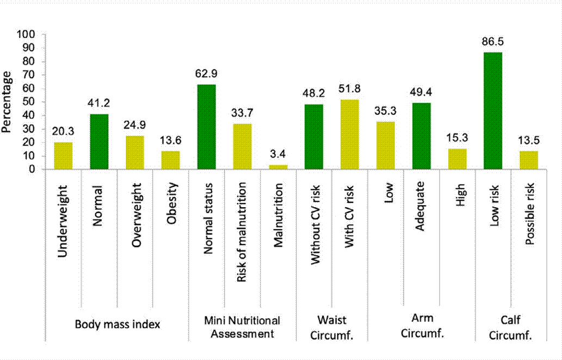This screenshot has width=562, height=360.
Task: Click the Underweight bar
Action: (x=63, y=156)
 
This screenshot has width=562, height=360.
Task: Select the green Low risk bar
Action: (x=493, y=111)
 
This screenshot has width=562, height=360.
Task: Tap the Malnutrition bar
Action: (x=279, y=167)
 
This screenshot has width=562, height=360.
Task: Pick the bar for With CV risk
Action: (x=350, y=134)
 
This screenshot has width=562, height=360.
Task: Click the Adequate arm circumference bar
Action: (x=421, y=136)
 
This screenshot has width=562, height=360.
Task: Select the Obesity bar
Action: (x=171, y=160)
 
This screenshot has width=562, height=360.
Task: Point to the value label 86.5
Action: (x=493, y=41)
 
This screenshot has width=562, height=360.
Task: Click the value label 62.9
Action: (x=207, y=73)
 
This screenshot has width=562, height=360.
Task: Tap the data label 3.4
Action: (x=279, y=154)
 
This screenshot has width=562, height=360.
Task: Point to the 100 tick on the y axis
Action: (x=27, y=34)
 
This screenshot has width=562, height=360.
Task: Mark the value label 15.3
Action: (x=457, y=138)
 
